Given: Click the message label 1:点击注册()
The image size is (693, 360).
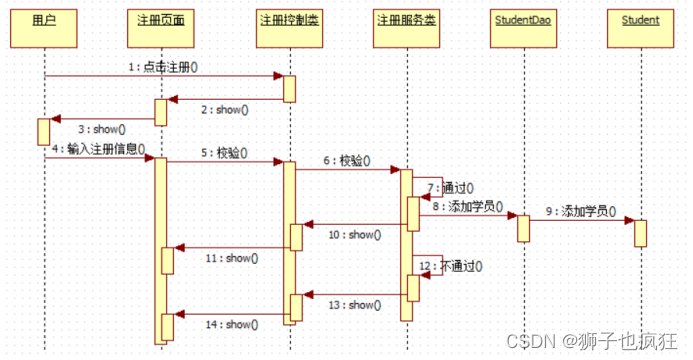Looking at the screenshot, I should point(162,67).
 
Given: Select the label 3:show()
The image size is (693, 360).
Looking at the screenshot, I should point(102,129).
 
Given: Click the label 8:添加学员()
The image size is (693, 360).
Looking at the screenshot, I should point(468,205).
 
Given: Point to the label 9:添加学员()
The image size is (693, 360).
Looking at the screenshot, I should point(582,212).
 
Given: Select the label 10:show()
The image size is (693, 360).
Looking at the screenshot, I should point(355,235).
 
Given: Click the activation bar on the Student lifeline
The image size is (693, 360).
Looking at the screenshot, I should point(640,232).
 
